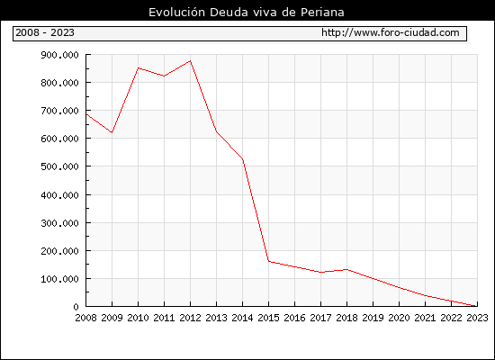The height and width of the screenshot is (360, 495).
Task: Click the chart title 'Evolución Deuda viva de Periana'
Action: pyautogui.click(x=247, y=13)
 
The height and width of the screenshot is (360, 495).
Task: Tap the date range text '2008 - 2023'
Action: pyautogui.click(x=45, y=32)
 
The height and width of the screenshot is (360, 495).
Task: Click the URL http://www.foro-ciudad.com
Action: pyautogui.click(x=391, y=32)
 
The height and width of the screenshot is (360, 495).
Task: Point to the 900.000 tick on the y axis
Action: pyautogui.click(x=59, y=55)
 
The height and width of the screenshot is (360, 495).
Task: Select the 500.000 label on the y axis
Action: pyautogui.click(x=59, y=166)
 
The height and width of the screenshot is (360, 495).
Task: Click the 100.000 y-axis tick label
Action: pyautogui.click(x=59, y=279)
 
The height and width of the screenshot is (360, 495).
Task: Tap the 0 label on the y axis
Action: pyautogui.click(x=76, y=307)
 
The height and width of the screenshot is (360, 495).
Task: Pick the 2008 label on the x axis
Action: pyautogui.click(x=85, y=318)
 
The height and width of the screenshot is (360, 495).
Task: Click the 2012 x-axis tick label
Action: pyautogui.click(x=191, y=318)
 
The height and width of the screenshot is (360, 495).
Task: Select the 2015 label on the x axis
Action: pyautogui.click(x=269, y=318)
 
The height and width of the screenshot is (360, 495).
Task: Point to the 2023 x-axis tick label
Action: pyautogui.click(x=477, y=318)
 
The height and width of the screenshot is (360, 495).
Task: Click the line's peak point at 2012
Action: pyautogui.click(x=191, y=60)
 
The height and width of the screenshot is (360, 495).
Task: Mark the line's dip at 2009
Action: pyautogui.click(x=112, y=132)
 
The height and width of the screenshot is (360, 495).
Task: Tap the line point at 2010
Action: pyautogui.click(x=139, y=67)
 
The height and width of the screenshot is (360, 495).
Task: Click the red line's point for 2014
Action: pyautogui.click(x=243, y=159)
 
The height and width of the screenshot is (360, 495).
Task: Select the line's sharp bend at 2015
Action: pyautogui.click(x=269, y=261)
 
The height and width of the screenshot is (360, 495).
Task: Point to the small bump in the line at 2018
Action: pyautogui.click(x=346, y=269)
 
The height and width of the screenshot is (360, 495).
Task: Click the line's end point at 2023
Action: pyautogui.click(x=477, y=306)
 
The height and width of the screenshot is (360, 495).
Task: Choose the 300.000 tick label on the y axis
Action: pyautogui.click(x=59, y=223)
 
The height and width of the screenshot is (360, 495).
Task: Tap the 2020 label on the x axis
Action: pyautogui.click(x=399, y=318)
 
